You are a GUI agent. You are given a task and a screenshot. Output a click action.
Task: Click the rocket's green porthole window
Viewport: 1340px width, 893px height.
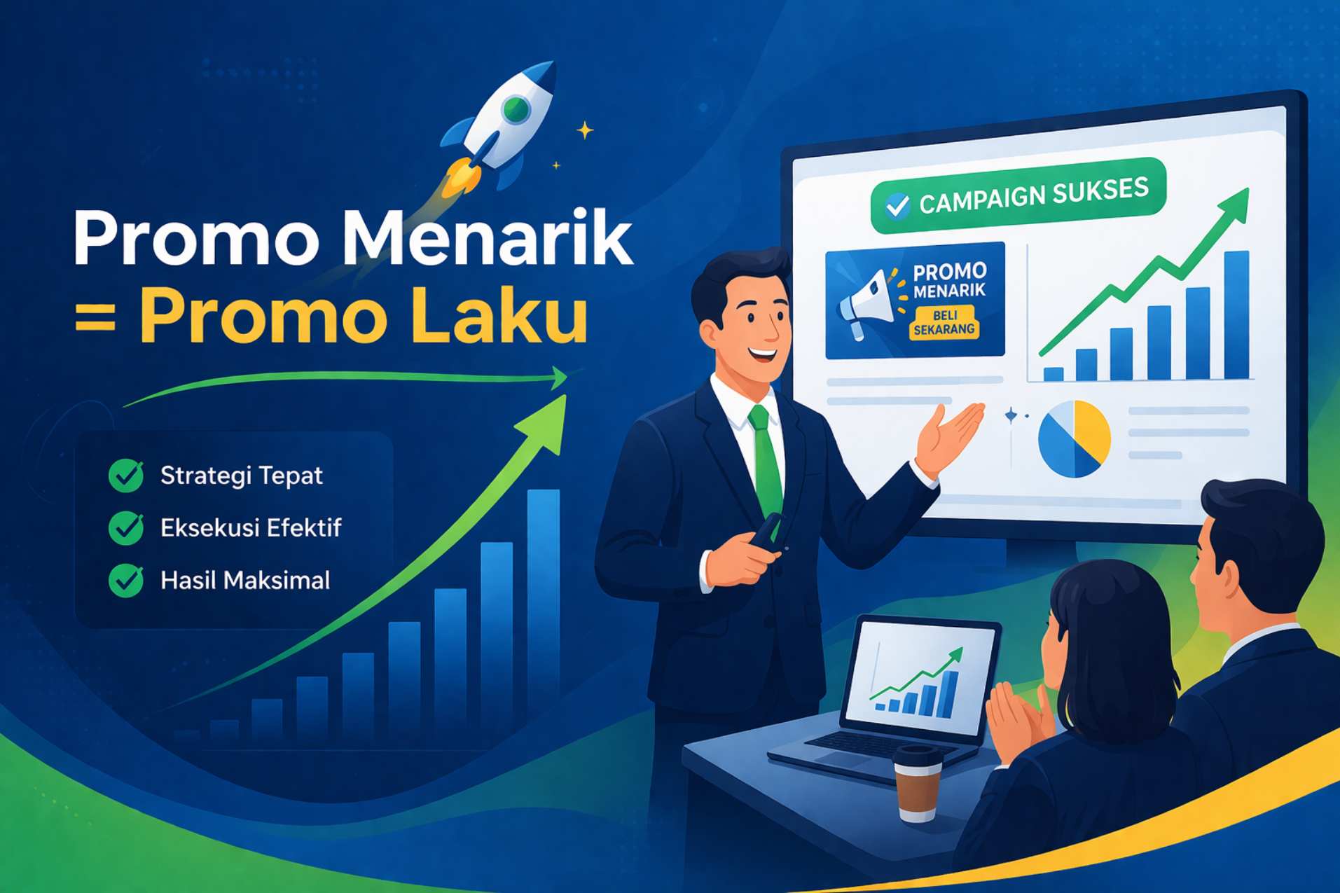(x=516, y=109)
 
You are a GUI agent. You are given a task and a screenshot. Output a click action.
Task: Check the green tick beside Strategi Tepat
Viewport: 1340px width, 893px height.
(x=126, y=476)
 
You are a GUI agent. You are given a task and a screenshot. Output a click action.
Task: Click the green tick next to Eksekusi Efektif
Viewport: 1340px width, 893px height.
(x=126, y=528)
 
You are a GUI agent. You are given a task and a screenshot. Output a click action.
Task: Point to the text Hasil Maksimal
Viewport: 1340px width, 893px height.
(x=245, y=581)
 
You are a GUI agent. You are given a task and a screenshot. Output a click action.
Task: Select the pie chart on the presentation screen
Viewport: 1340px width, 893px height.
(x=1075, y=439)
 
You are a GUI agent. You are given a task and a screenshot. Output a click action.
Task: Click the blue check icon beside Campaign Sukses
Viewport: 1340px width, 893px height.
(x=897, y=205)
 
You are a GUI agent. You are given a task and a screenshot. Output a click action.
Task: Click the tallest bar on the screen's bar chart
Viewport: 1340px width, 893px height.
(x=1236, y=315)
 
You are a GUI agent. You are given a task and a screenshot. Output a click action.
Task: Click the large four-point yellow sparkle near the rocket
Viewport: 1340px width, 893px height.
(x=585, y=130)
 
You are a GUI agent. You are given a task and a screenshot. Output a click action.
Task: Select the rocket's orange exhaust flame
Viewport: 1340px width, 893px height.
(x=460, y=177)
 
